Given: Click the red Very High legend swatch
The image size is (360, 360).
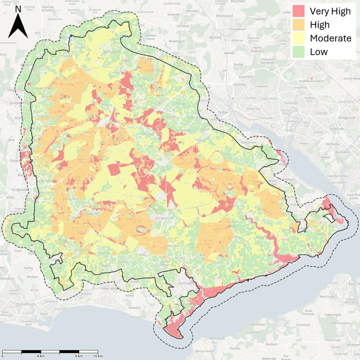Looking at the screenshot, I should (299, 11).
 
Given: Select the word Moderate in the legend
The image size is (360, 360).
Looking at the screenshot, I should (331, 38).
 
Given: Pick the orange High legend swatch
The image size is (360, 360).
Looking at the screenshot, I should (299, 25).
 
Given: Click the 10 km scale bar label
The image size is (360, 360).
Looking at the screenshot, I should (98, 356).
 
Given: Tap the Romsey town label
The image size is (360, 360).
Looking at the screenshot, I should (215, 38).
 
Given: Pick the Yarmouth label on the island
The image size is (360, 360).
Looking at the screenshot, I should (217, 339).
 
